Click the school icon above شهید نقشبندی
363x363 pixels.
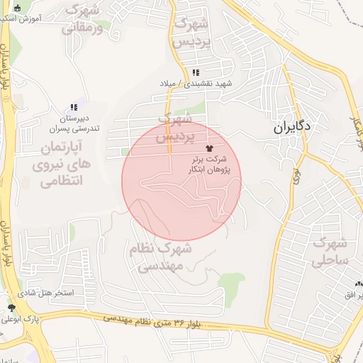(195, 73)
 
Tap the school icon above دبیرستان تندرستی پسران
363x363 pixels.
(74, 108)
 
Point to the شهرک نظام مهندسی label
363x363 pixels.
(160, 257)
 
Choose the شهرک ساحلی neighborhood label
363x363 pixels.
(330, 252)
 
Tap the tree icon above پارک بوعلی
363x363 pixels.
(11, 307)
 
